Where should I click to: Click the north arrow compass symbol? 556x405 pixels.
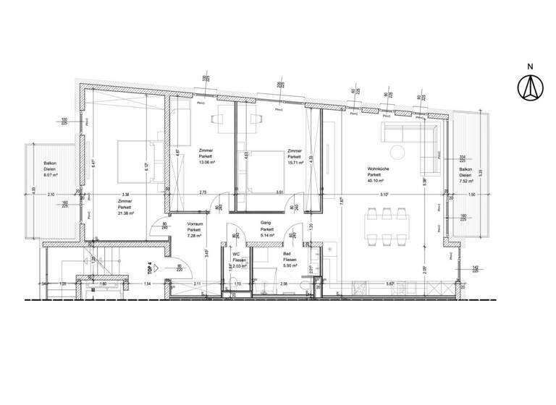529,88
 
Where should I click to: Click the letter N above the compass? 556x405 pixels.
529,68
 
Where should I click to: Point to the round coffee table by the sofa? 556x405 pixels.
397,151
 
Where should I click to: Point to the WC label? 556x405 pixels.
236,254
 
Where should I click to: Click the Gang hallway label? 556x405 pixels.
266,223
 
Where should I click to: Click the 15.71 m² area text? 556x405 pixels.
295,162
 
